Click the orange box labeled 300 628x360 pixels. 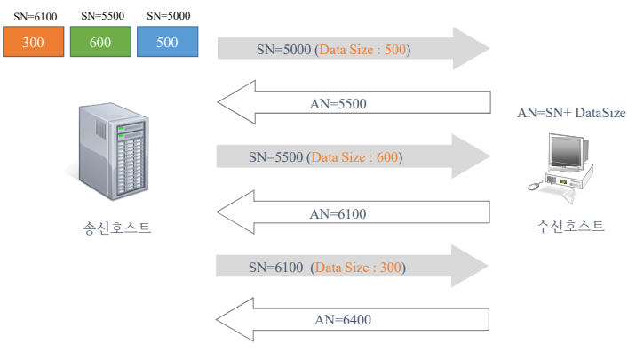point(34,43)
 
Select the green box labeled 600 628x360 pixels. point(101,43)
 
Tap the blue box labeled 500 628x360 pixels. point(168,43)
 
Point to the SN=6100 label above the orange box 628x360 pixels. point(36,16)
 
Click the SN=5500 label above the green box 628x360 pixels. point(101,16)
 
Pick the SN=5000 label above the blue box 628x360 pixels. point(168,16)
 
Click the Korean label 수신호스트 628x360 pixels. point(570,226)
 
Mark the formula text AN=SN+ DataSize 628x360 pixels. point(571,114)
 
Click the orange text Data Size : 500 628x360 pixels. point(363,50)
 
